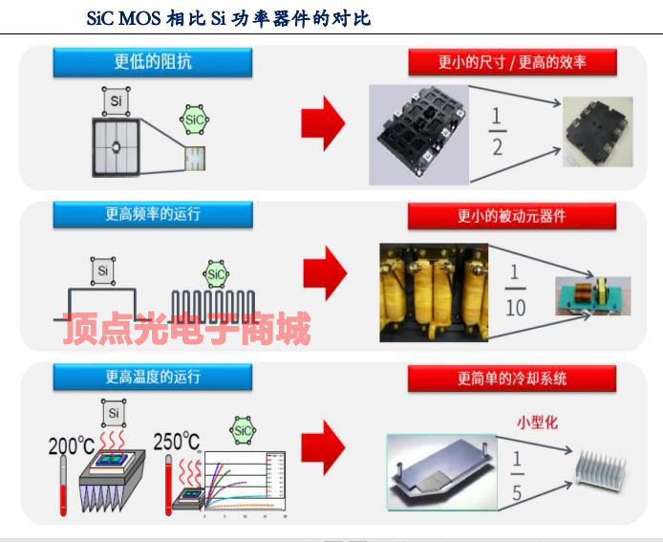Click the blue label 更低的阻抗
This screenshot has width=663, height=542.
[153, 62]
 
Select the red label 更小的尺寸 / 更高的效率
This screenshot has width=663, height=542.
[512, 62]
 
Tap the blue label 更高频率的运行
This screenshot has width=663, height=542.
[153, 214]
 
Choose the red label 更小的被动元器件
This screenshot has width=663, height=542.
[512, 215]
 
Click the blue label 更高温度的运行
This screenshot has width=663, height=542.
[153, 377]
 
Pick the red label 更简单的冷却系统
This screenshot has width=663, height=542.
[512, 378]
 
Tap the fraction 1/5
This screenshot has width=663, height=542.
[516, 475]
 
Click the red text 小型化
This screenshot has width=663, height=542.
[537, 421]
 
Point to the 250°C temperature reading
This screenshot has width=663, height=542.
[178, 442]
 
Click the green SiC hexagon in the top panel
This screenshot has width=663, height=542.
[195, 120]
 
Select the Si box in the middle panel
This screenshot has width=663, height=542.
[102, 271]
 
